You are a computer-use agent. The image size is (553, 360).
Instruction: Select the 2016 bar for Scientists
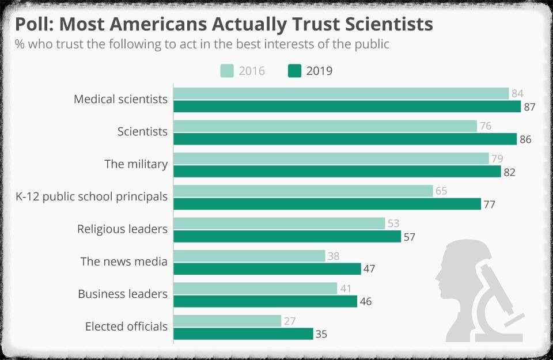(x=325, y=126)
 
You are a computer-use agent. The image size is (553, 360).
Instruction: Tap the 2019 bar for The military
(x=337, y=172)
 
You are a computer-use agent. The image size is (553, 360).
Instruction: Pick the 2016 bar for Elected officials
(x=227, y=321)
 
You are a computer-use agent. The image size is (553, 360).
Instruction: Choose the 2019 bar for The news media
(x=267, y=269)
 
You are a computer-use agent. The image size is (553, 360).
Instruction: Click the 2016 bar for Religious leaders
(x=279, y=223)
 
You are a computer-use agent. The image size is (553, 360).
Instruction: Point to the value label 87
(x=530, y=107)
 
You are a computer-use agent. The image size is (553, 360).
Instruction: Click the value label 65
(x=441, y=191)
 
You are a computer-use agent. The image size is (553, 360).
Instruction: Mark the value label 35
(x=321, y=334)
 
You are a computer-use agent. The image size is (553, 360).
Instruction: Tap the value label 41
(x=346, y=289)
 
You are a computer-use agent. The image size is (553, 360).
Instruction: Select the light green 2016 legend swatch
(x=227, y=71)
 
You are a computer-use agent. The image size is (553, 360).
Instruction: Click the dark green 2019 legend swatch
(x=294, y=71)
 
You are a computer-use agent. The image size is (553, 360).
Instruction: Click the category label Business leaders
(x=123, y=294)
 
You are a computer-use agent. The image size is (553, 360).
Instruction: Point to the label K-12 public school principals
(x=92, y=197)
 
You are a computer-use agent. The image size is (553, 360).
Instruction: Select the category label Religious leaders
(x=122, y=229)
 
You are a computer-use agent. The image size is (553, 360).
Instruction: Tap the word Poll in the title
(x=33, y=25)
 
